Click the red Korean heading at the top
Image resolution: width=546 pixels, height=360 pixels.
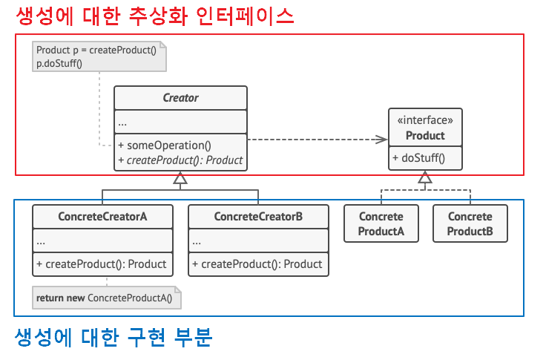(155, 16)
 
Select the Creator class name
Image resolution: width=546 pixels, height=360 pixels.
(180, 98)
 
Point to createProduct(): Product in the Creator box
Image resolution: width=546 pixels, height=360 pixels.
(180, 160)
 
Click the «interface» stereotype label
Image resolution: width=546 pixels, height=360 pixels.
(425, 120)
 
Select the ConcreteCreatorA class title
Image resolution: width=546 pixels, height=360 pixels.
(102, 217)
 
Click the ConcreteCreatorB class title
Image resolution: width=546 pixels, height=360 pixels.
(258, 217)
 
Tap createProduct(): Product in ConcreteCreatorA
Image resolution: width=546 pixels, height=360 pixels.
(101, 264)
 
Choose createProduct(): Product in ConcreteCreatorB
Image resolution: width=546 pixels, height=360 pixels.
(257, 264)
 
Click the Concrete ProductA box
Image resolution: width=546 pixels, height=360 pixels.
(381, 223)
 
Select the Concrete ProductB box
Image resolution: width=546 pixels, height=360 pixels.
(470, 223)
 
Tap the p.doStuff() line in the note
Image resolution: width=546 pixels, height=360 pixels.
(59, 63)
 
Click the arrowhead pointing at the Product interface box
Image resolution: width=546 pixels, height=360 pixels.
(381, 140)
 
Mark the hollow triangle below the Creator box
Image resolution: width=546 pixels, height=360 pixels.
(180, 178)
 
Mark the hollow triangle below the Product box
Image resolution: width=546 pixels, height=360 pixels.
(424, 177)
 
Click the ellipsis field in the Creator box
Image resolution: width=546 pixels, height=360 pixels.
(123, 122)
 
